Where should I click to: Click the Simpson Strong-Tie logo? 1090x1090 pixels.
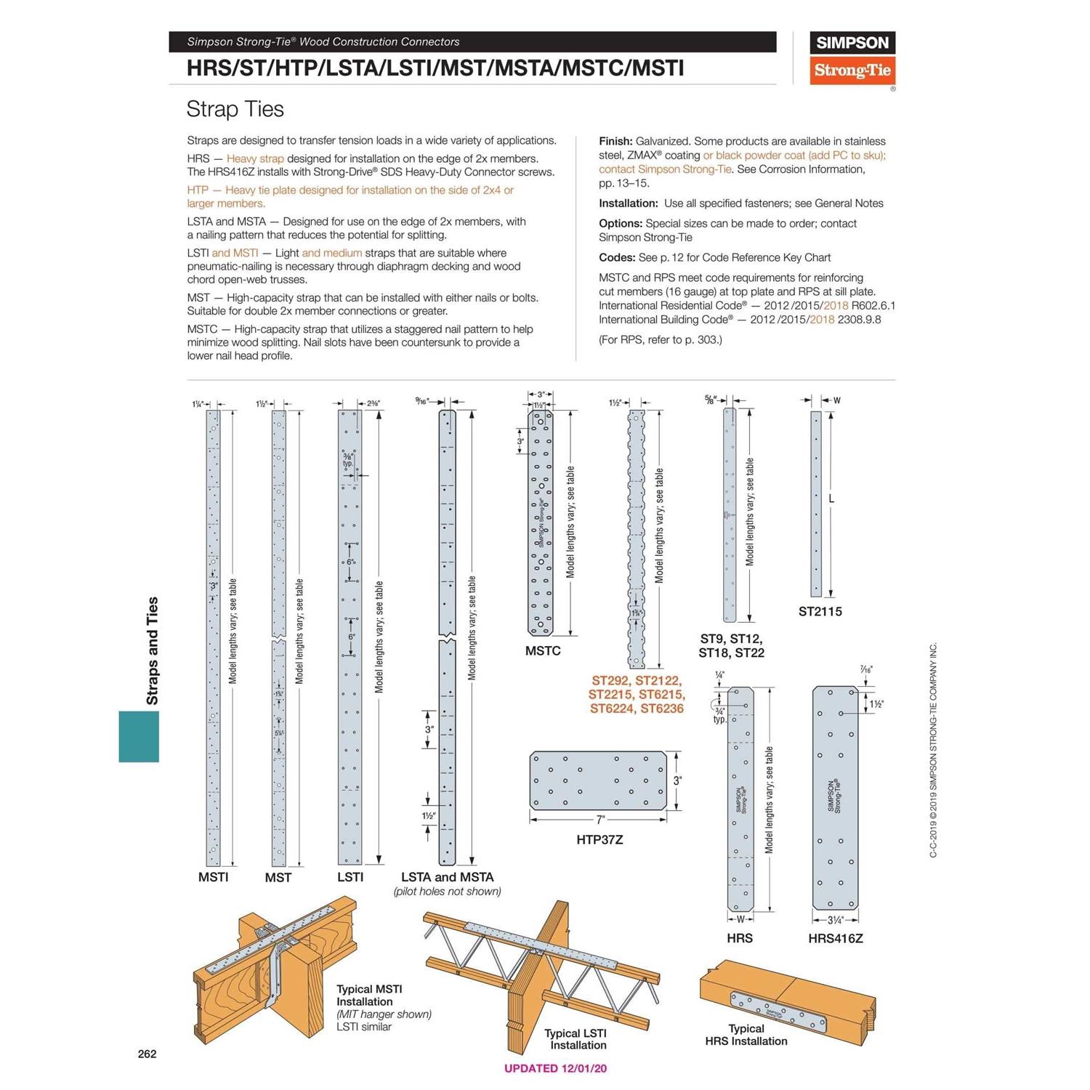click(x=852, y=58)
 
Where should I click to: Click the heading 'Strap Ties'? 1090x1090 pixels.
click(x=235, y=109)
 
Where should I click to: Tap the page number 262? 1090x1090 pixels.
click(x=147, y=1054)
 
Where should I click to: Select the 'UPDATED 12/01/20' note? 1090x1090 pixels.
click(x=555, y=1068)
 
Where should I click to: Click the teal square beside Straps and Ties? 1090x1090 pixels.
click(x=139, y=736)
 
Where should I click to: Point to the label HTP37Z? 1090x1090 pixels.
click(x=599, y=839)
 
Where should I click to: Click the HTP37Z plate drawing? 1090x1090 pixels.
click(x=598, y=780)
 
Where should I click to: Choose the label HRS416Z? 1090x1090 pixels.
click(x=835, y=938)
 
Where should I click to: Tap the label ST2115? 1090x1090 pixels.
click(x=820, y=611)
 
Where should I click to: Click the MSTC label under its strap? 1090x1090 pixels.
click(x=543, y=650)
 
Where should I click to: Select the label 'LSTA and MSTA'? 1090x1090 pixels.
click(x=447, y=877)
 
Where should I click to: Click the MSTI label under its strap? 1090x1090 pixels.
click(x=213, y=877)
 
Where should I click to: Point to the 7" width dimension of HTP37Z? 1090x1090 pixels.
click(x=600, y=820)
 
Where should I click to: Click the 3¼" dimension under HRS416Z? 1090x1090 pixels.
click(x=835, y=920)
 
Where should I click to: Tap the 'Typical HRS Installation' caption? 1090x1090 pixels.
click(x=746, y=1035)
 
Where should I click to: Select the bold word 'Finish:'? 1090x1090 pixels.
click(x=615, y=141)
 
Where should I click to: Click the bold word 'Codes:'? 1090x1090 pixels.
click(x=616, y=257)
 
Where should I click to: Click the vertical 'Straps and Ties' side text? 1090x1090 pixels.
click(x=152, y=650)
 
